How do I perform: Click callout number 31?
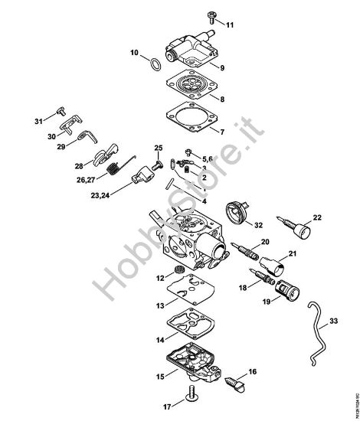pyautogui.click(x=38, y=121)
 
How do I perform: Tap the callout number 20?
pyautogui.click(x=266, y=241)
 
